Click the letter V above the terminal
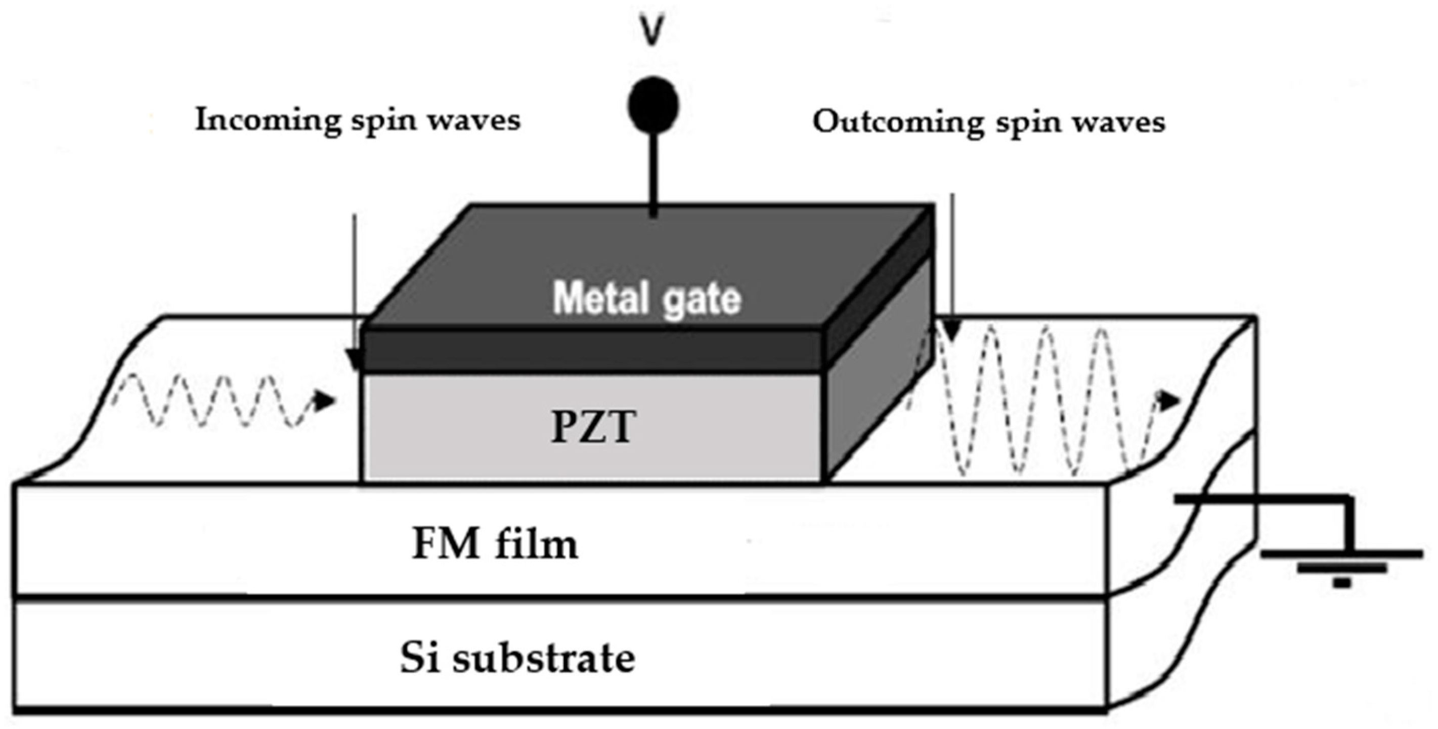point(651,31)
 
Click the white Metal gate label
point(646,299)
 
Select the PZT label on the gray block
point(593,427)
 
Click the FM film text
point(495,544)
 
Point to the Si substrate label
point(517,658)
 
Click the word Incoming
point(268,120)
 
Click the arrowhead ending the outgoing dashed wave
point(1169,400)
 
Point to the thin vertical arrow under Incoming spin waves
point(354,290)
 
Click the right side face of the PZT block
point(877,379)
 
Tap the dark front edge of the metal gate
point(592,350)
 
